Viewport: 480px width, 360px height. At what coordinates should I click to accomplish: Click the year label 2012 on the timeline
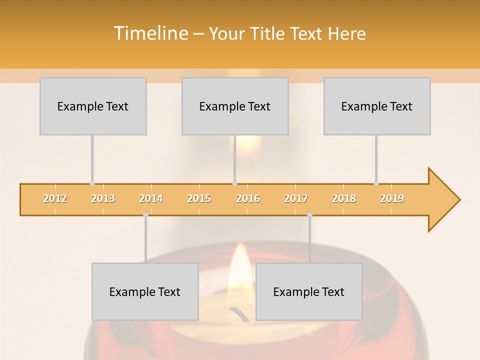click(55, 198)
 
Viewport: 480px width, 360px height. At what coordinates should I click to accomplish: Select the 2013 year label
click(103, 198)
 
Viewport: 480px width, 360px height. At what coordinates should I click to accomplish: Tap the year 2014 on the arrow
click(151, 198)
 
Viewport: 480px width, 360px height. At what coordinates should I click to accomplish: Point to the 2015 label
click(199, 198)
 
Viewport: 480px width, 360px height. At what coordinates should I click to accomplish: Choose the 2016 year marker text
click(248, 198)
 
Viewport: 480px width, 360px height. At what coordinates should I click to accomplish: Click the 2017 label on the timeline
click(296, 198)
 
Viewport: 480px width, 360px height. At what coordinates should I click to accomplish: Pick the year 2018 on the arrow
click(344, 198)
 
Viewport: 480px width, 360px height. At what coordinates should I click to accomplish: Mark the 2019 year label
click(392, 198)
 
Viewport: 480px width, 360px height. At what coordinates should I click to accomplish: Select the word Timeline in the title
click(150, 33)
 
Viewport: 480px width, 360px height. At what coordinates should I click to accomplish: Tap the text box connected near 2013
click(93, 106)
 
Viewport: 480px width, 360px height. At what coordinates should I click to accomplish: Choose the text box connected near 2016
click(235, 106)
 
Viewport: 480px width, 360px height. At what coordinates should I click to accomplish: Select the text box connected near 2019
click(377, 106)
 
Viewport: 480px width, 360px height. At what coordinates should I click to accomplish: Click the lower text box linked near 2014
click(145, 291)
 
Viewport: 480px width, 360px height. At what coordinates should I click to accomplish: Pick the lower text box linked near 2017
click(309, 291)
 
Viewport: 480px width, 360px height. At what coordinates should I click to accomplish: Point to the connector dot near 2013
click(92, 183)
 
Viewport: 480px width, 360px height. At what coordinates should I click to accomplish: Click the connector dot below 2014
click(145, 215)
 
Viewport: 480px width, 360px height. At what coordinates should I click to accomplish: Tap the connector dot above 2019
click(376, 183)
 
